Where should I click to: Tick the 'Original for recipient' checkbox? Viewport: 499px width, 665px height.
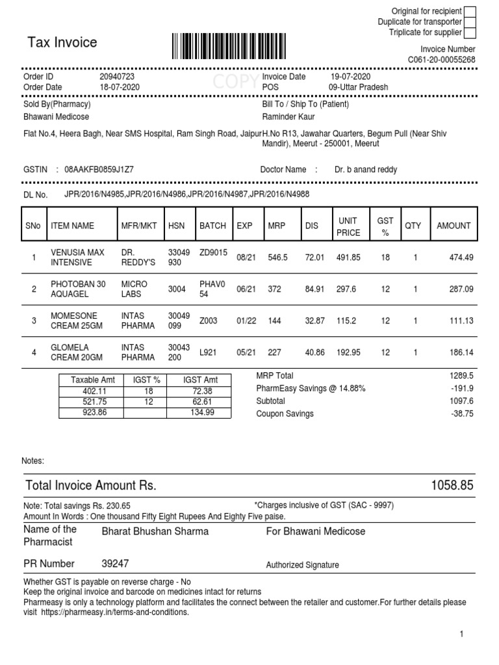470,11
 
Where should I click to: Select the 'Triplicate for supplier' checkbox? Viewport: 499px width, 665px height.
470,32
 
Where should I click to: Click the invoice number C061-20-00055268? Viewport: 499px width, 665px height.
441,60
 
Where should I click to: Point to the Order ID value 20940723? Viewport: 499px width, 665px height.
117,77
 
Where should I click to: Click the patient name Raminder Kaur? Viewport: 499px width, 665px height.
288,117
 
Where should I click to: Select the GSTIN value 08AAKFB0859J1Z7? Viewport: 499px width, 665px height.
99,169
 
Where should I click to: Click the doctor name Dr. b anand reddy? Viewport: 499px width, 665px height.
366,169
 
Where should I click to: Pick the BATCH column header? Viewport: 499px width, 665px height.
212,226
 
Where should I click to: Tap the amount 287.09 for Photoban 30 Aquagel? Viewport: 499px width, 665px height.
461,289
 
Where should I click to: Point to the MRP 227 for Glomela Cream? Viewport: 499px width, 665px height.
274,352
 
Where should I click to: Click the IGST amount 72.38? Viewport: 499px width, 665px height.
203,392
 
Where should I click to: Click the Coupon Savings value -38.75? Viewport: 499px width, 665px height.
463,414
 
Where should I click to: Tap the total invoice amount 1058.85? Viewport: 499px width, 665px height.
452,486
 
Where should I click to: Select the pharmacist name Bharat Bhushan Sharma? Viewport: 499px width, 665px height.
155,531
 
